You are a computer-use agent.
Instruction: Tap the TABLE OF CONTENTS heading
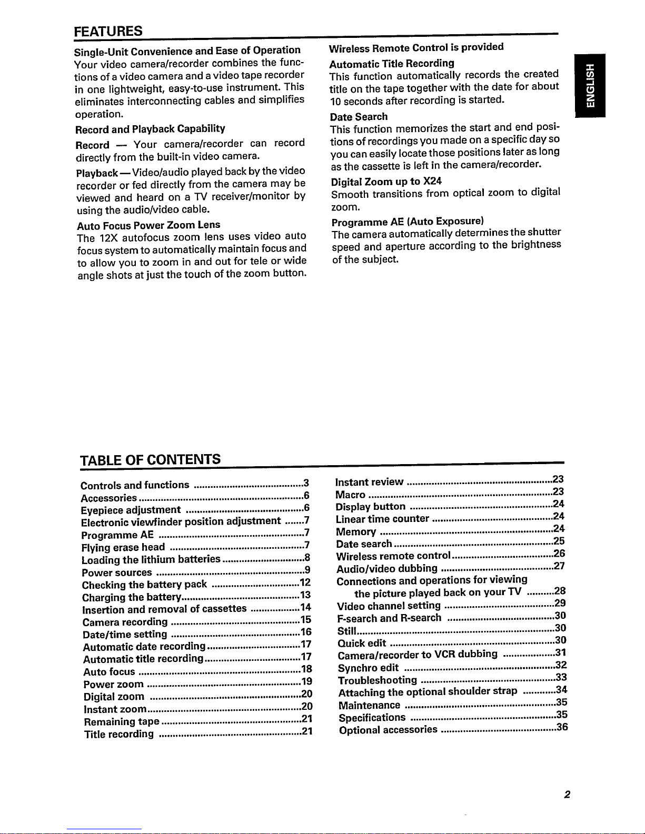pyautogui.click(x=150, y=459)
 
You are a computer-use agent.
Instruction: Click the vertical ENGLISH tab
pyautogui.click(x=590, y=85)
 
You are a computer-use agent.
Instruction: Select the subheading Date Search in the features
pyautogui.click(x=359, y=117)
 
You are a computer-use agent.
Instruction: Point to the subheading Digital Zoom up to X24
pyautogui.click(x=386, y=182)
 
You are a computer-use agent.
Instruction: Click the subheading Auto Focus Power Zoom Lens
pyautogui.click(x=148, y=225)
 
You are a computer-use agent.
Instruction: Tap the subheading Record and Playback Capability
pyautogui.click(x=150, y=129)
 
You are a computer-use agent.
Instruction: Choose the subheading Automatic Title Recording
pyautogui.click(x=392, y=64)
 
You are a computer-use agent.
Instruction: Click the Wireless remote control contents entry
pyautogui.click(x=393, y=556)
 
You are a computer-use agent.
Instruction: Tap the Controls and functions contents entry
pyautogui.click(x=135, y=485)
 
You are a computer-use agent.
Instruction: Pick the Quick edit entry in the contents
pyautogui.click(x=362, y=643)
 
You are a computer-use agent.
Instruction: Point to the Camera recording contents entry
pyautogui.click(x=125, y=622)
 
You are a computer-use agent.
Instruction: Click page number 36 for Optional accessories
pyautogui.click(x=562, y=727)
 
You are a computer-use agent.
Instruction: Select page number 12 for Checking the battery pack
pyautogui.click(x=305, y=582)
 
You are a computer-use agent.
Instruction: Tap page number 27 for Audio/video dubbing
pyautogui.click(x=559, y=566)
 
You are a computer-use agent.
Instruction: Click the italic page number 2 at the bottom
pyautogui.click(x=567, y=795)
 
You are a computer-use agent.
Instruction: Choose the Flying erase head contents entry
pyautogui.click(x=123, y=547)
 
